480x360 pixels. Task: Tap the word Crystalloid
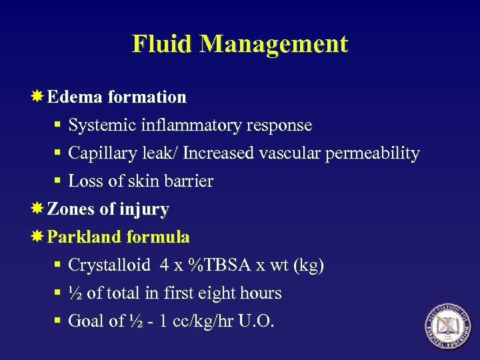(109, 265)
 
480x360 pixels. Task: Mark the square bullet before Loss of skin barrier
(59, 182)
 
